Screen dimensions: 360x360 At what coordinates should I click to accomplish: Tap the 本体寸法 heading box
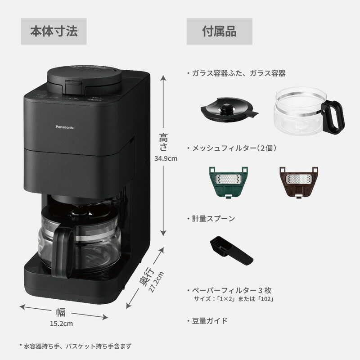tap(54, 31)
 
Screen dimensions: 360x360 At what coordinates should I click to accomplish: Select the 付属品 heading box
tap(219, 31)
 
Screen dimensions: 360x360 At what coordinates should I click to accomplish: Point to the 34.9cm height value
tap(166, 158)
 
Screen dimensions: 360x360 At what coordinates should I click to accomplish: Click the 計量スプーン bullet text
tap(213, 219)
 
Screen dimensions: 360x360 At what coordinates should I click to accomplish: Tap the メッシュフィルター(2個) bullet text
tap(234, 148)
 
